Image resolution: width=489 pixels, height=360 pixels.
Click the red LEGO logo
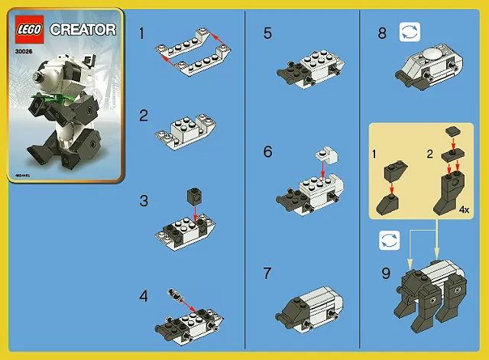[x=31, y=30]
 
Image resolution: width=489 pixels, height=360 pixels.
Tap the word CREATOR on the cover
[x=83, y=30]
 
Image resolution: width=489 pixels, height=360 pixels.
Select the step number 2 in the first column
[x=144, y=116]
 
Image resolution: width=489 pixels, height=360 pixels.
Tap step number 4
[x=144, y=295]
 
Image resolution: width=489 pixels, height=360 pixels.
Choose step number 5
[x=267, y=33]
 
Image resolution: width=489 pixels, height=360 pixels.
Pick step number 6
[x=267, y=151]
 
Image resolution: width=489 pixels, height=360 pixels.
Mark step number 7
[x=267, y=273]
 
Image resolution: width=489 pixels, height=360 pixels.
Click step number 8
[x=382, y=33]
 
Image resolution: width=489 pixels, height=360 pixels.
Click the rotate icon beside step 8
[x=410, y=33]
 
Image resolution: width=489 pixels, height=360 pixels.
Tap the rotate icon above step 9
[x=390, y=241]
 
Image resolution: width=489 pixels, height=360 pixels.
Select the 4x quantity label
[x=464, y=207]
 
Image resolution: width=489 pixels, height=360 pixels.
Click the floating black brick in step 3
[x=193, y=196]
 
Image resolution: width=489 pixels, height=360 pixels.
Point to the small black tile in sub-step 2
[x=453, y=131]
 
